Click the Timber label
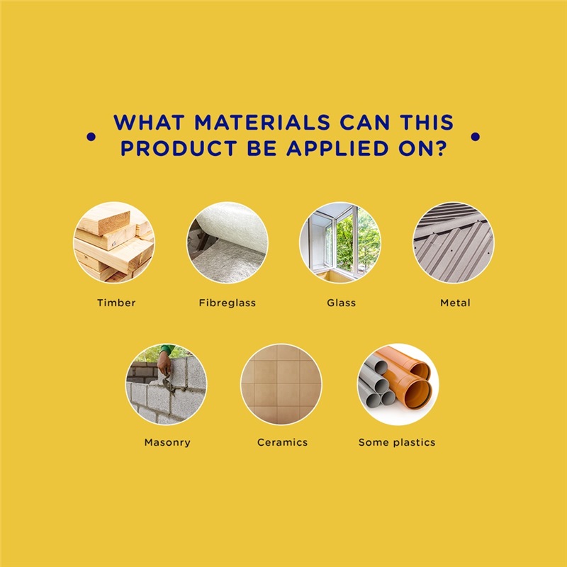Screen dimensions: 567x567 [116, 303]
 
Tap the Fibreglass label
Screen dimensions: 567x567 [227, 303]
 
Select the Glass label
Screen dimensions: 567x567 [341, 303]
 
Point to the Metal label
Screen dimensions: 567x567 [455, 303]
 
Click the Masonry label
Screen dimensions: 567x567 [167, 442]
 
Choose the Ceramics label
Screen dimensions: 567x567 [282, 442]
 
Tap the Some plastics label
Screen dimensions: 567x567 [397, 442]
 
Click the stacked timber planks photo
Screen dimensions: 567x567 [114, 242]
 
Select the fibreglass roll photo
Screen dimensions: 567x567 [228, 242]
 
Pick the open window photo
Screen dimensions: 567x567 [340, 242]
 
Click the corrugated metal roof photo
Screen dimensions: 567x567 [454, 242]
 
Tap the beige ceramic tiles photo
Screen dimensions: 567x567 [281, 384]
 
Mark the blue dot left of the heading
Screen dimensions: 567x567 [91, 137]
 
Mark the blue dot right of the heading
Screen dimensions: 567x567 [476, 137]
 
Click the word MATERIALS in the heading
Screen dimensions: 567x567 [262, 122]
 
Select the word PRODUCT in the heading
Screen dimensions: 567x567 [179, 148]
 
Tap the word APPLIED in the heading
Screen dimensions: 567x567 [337, 148]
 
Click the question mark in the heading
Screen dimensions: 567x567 [440, 148]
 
